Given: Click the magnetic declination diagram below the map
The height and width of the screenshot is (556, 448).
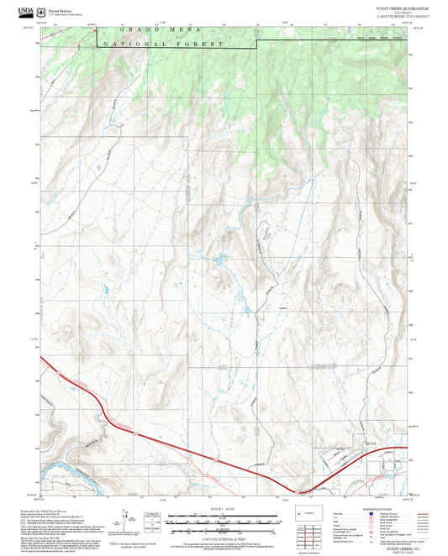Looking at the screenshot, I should [128, 517].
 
